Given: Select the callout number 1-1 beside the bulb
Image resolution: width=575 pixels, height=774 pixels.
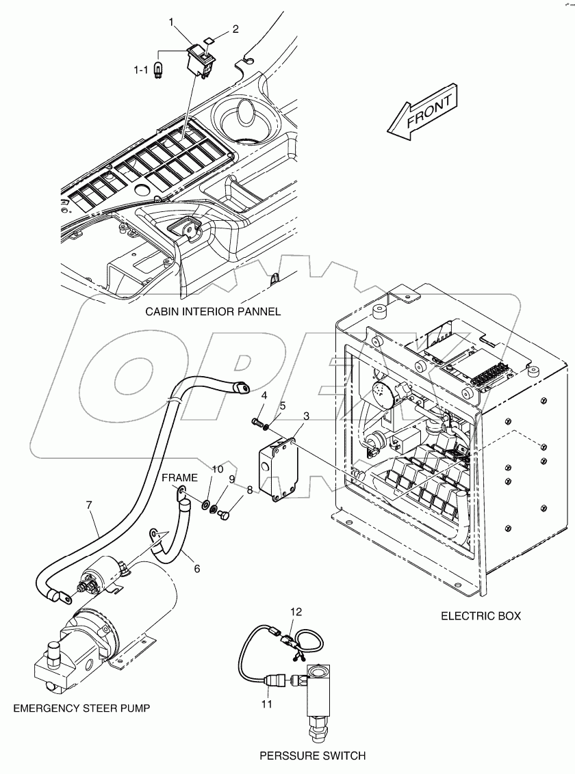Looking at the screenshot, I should pyautogui.click(x=140, y=69).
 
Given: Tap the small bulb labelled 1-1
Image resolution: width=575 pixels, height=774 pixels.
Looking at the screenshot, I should pyautogui.click(x=160, y=70).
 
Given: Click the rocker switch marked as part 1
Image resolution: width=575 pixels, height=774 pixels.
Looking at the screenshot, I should pyautogui.click(x=200, y=58).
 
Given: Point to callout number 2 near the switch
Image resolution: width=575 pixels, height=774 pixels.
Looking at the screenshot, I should pyautogui.click(x=235, y=29).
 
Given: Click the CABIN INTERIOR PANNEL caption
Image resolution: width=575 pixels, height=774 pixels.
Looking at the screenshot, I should pyautogui.click(x=212, y=311).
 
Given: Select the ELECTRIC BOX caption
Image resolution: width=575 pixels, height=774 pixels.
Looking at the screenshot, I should pyautogui.click(x=481, y=615).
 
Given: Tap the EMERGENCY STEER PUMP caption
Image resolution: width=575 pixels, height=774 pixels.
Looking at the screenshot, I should pyautogui.click(x=81, y=708).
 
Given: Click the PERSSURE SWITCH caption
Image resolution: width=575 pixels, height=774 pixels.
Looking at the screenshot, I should pyautogui.click(x=312, y=756).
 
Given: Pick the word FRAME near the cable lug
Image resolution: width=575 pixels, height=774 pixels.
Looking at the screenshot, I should pyautogui.click(x=181, y=477).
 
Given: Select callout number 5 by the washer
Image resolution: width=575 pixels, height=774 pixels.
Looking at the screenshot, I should pyautogui.click(x=282, y=405).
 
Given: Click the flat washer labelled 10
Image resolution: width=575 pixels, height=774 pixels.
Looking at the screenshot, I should pyautogui.click(x=205, y=504).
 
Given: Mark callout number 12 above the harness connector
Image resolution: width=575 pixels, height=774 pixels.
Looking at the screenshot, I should pyautogui.click(x=295, y=611).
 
